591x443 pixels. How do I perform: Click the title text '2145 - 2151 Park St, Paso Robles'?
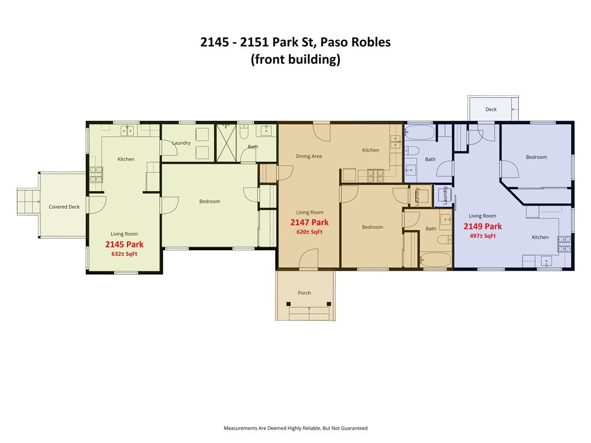coord(295,42)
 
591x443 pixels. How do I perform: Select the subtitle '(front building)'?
coord(295,59)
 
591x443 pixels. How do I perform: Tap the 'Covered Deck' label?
coord(64,207)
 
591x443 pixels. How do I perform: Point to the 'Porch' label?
coord(304,293)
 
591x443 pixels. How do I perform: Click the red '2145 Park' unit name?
coord(124,245)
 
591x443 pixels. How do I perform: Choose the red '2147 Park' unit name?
coord(309,223)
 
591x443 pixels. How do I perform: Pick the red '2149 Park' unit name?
coord(482,226)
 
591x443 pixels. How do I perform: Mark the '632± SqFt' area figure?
coord(124,254)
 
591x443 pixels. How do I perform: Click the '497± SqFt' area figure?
coord(482,236)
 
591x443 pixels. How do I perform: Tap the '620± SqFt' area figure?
coord(309,232)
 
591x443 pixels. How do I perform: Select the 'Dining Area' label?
coord(309,156)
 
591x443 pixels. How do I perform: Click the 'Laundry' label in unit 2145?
coord(181,143)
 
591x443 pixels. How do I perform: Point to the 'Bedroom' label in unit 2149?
coord(536,157)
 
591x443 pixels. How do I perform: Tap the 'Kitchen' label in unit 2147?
coord(371,151)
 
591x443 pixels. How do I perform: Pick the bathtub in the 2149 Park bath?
coord(419,135)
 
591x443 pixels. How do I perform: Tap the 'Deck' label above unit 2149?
coord(491,110)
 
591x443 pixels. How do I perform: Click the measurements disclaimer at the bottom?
coord(295,428)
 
